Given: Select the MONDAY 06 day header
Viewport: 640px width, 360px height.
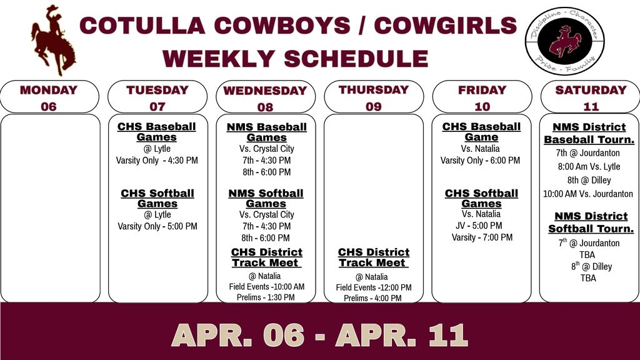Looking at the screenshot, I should (x=49, y=97).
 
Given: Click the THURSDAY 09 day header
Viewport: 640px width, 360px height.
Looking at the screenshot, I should (x=374, y=97).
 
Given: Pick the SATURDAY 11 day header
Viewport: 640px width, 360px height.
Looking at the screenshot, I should (x=590, y=97).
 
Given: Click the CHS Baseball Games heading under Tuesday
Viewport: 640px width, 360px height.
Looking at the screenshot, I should (x=157, y=132).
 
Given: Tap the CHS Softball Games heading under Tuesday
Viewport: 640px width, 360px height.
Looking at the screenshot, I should (x=157, y=198).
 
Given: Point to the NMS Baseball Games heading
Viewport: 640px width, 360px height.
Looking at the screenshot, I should (x=266, y=132).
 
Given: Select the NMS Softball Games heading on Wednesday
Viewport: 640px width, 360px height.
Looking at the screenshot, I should (x=266, y=198).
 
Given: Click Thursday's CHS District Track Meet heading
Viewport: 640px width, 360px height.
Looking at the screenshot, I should (x=374, y=257).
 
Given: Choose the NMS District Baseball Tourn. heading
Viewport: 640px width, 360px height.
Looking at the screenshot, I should (x=589, y=133).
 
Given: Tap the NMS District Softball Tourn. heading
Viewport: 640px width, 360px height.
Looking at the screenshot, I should (x=591, y=222).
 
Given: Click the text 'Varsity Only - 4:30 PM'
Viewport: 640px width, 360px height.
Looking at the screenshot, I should (x=157, y=161).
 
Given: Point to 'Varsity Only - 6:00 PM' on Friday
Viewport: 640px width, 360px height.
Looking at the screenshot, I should (x=480, y=161).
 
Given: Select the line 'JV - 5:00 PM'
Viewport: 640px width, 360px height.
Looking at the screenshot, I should (x=479, y=226).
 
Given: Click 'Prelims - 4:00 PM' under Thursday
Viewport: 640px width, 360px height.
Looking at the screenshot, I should (x=372, y=298).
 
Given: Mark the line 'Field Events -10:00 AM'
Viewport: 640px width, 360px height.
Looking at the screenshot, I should (x=267, y=287).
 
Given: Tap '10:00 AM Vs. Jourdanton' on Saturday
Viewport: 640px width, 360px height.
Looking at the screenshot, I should (x=588, y=194).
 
